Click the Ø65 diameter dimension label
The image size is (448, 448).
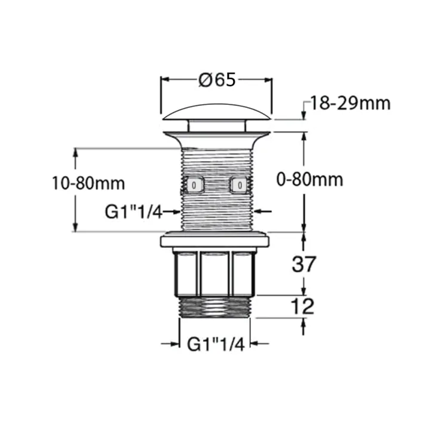217,79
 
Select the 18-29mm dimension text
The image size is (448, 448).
349,103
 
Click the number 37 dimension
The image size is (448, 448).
303,263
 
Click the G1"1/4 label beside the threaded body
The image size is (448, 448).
133,211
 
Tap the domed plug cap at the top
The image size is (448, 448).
216,113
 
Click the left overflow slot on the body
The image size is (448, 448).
194,186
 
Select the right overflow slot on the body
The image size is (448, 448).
239,186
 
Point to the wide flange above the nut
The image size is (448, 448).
215,242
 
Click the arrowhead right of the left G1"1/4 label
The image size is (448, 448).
174,211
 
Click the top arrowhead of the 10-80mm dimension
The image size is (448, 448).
75,152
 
